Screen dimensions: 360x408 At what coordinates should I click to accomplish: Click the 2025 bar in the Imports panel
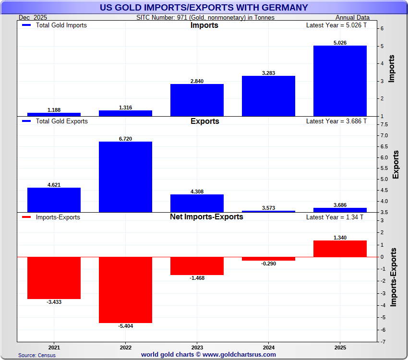click(340, 81)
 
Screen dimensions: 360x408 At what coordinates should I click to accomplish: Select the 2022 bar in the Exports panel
click(125, 177)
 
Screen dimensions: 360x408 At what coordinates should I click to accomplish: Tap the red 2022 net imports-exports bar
click(125, 290)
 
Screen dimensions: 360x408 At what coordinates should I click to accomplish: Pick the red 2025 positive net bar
click(340, 249)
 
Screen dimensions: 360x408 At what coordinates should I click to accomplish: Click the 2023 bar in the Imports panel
click(197, 100)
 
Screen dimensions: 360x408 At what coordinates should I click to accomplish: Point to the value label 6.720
click(125, 139)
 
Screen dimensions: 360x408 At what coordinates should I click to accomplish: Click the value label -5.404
click(125, 326)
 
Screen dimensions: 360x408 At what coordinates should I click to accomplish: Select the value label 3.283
click(268, 73)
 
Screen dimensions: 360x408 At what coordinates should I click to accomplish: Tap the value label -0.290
click(268, 264)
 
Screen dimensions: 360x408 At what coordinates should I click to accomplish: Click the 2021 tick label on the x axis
click(54, 347)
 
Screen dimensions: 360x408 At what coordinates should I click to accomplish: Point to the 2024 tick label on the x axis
click(268, 347)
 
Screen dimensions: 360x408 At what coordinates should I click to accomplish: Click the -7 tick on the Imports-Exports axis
click(382, 342)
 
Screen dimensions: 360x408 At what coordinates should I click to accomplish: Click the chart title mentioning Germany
click(204, 7)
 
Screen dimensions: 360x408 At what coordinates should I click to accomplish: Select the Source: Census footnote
click(37, 355)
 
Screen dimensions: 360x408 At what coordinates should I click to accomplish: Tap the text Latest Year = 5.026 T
click(336, 25)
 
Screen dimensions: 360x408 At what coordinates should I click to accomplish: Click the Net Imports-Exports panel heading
click(206, 216)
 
